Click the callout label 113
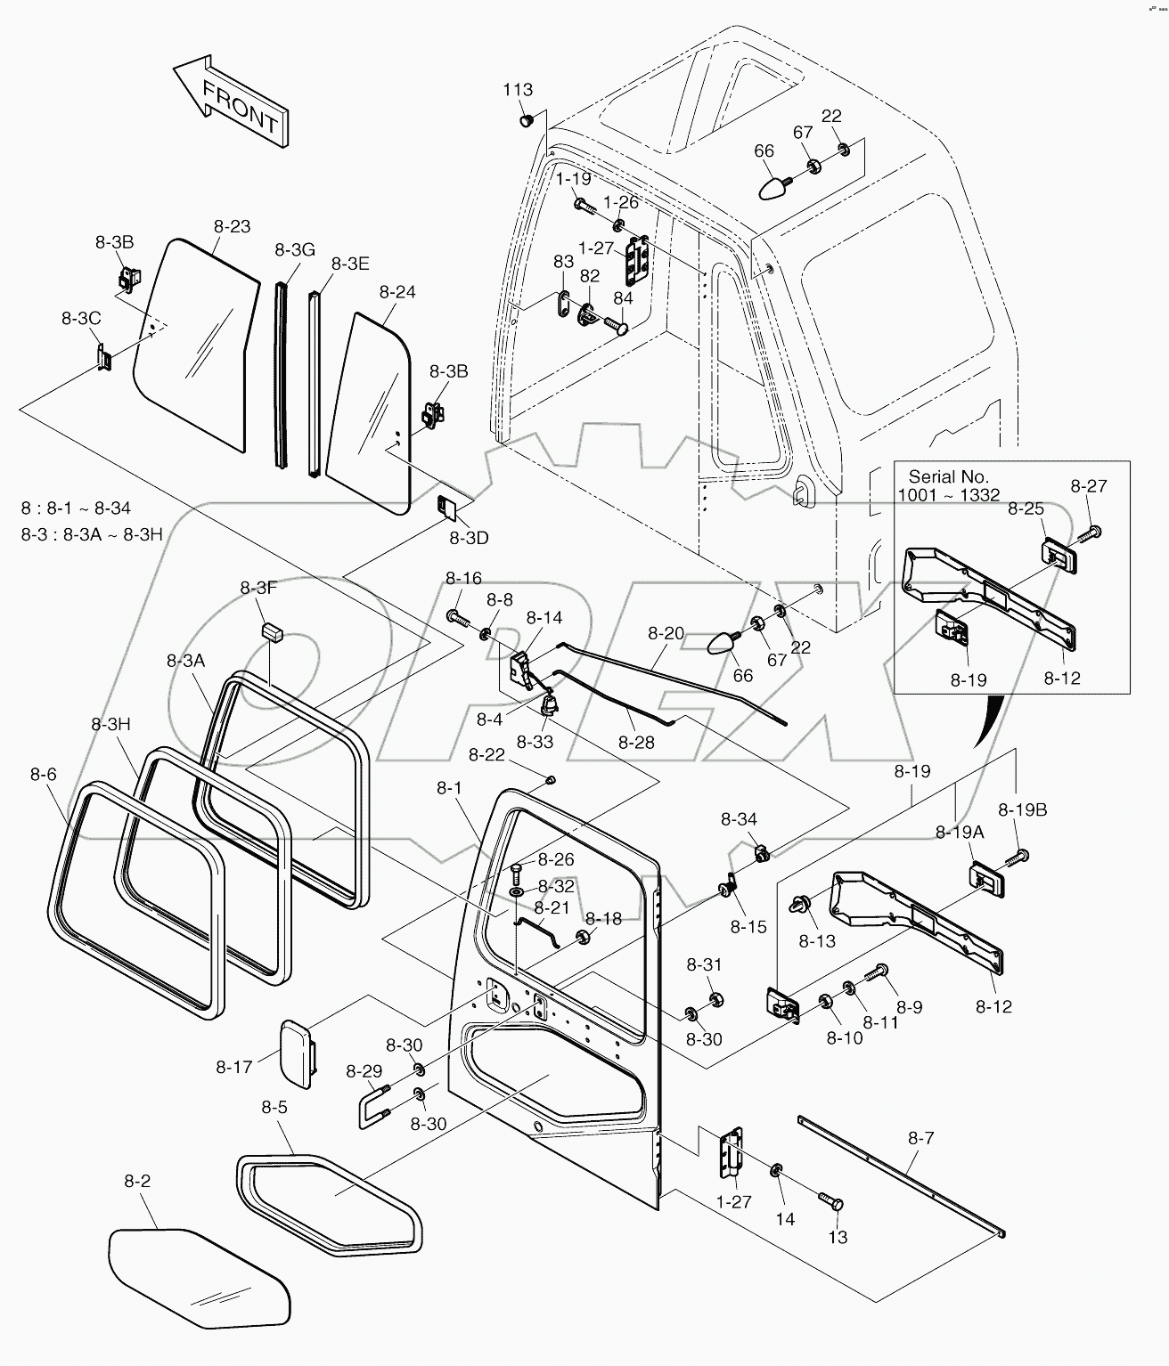pos(518,90)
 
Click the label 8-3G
pos(295,250)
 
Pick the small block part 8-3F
pos(271,631)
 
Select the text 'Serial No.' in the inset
pos(949,477)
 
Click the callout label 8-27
pos(1089,486)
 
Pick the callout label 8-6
pos(43,776)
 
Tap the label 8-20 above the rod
pos(666,633)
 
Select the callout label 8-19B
pos(1023,810)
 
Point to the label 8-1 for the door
pos(449,787)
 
